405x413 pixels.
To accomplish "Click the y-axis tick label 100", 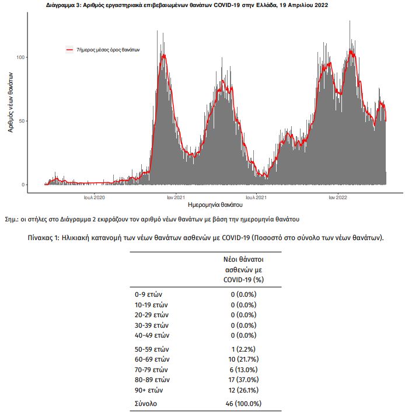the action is (20, 57).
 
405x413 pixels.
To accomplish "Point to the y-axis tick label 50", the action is (22, 121).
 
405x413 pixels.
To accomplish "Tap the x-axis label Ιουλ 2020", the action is (94, 197).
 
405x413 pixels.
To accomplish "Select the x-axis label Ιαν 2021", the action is (176, 197).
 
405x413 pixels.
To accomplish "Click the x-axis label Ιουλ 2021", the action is (256, 197).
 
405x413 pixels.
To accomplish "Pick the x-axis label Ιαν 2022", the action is (338, 197).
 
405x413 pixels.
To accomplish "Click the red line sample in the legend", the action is (69, 50).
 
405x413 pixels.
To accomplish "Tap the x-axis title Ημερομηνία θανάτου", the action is (215, 204).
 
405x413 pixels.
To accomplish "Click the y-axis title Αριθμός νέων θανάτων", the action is (11, 102).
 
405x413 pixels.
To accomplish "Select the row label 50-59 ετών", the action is (152, 349).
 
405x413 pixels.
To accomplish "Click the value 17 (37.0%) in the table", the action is (243, 380).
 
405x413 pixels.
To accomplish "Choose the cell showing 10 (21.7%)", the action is (243, 359).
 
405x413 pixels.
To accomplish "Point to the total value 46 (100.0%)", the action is (243, 404).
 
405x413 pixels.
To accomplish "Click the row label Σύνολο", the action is (146, 404).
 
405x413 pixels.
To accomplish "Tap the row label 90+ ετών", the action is (149, 390).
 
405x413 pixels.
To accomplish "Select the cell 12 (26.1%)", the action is (243, 390).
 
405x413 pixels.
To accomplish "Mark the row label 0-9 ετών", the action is (148, 294).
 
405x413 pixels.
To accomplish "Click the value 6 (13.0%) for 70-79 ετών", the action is (243, 370).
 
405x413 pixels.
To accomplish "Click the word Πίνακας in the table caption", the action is (41, 238).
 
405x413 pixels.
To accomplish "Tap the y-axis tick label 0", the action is (23, 185).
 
